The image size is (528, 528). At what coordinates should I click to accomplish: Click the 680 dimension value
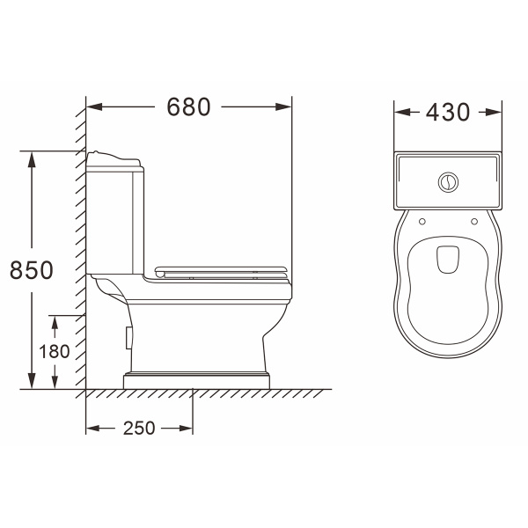click(x=188, y=106)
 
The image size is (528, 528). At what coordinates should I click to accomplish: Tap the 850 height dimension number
click(x=32, y=270)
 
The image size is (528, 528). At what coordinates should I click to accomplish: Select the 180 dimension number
click(x=55, y=351)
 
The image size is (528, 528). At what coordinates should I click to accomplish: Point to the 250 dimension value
click(x=139, y=429)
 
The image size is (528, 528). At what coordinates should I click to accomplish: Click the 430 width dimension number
click(x=448, y=112)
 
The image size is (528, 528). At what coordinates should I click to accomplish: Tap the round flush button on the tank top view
click(x=448, y=182)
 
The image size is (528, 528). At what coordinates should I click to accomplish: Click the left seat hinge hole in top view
click(x=422, y=222)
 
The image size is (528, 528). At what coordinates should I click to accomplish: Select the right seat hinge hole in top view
click(x=474, y=222)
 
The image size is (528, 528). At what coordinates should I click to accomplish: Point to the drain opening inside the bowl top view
click(x=448, y=260)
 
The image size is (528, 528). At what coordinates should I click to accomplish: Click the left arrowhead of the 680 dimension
click(x=94, y=107)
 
